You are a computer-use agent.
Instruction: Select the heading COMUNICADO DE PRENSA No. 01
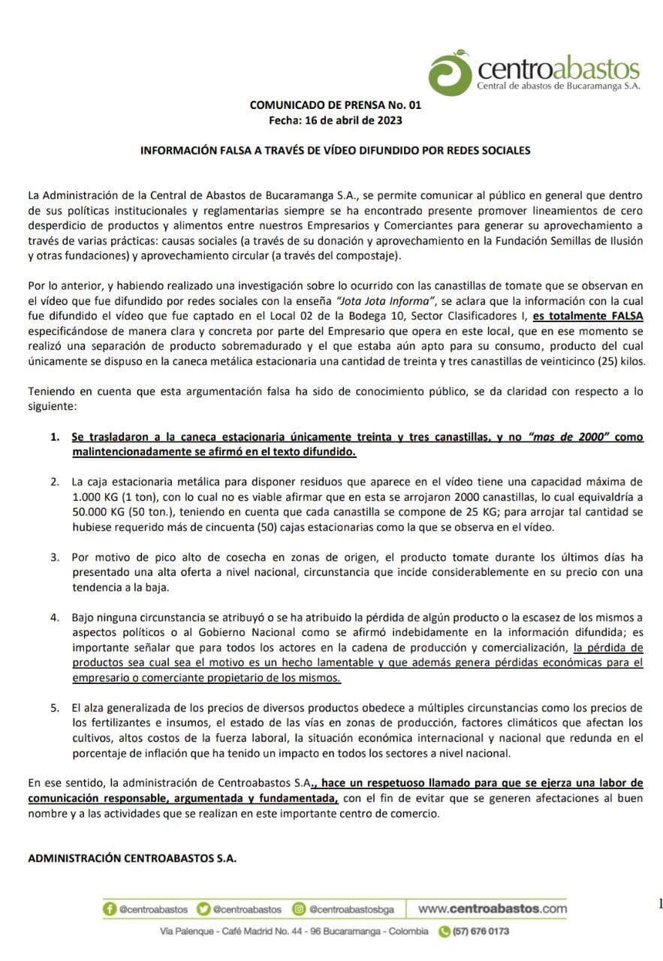click(336, 106)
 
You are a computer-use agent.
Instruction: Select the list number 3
click(55, 557)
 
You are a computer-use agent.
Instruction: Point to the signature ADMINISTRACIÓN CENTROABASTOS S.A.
click(132, 857)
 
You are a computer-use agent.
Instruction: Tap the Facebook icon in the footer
click(110, 908)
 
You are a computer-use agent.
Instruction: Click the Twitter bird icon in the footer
click(203, 908)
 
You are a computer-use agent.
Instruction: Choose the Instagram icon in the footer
click(299, 908)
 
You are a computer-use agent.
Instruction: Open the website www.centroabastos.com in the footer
click(492, 908)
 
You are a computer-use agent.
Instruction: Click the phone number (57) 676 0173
click(480, 931)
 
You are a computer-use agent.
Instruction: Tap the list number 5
click(55, 707)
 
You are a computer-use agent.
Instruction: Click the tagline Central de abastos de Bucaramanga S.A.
click(559, 87)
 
